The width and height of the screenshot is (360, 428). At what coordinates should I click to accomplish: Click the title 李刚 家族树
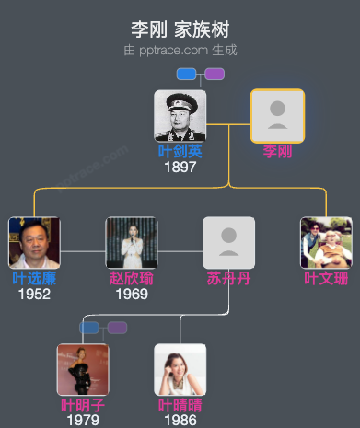(180, 29)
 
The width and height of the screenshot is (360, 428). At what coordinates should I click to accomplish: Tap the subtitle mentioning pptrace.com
(180, 50)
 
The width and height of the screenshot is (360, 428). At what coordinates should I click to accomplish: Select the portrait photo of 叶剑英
(180, 115)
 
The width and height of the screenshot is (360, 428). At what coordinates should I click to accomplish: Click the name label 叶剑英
(180, 151)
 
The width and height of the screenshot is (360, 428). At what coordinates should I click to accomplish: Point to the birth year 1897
(180, 167)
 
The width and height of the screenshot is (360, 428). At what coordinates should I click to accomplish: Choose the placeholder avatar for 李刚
(277, 115)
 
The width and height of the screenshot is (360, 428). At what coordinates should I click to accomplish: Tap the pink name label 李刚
(277, 151)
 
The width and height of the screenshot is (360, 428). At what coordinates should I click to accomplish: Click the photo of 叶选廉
(34, 243)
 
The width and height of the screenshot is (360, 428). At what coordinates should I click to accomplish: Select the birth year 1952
(34, 294)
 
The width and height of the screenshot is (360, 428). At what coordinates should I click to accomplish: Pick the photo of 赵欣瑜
(131, 243)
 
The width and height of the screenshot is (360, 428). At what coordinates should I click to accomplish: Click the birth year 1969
(131, 294)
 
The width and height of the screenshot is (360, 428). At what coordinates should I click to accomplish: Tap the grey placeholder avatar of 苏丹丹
(228, 243)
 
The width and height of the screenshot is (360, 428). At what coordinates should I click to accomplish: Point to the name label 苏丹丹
(228, 278)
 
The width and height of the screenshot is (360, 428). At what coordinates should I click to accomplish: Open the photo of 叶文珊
(326, 243)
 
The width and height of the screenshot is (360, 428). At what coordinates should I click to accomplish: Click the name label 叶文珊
(326, 278)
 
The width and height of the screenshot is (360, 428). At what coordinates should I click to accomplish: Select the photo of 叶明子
(83, 369)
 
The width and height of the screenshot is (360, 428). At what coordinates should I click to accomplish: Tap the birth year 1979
(83, 420)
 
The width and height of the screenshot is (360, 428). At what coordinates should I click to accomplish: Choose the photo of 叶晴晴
(180, 369)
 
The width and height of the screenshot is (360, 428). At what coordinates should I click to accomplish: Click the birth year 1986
(180, 420)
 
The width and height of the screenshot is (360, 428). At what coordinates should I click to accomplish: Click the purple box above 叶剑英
(215, 74)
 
